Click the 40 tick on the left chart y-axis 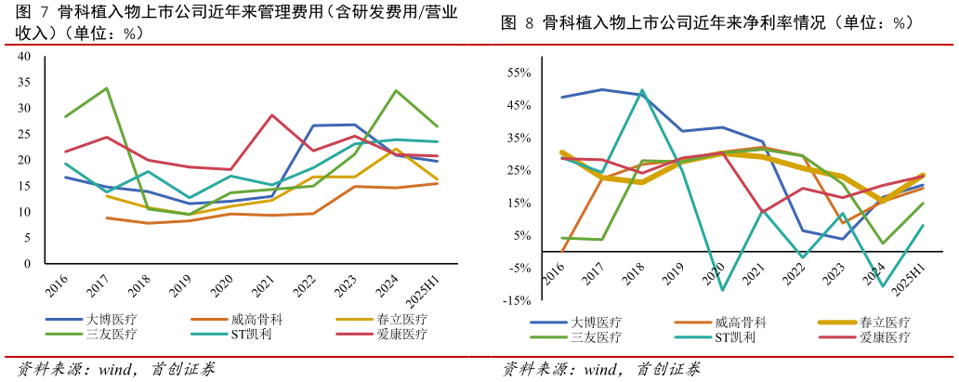25,57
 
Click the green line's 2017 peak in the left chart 107,88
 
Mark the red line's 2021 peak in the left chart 271,115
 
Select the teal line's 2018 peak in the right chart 642,90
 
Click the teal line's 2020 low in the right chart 723,290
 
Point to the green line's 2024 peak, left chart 396,90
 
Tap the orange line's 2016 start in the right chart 562,251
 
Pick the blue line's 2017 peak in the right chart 602,89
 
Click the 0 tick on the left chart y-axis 28,264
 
